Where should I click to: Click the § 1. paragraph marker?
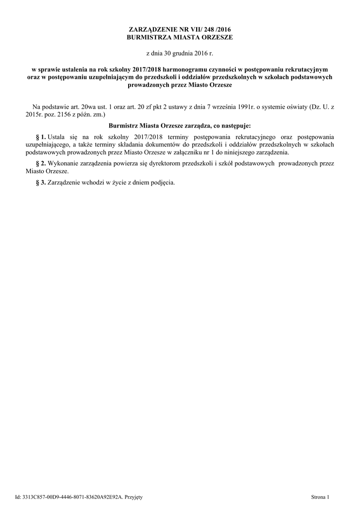pyautogui.click(x=41, y=136)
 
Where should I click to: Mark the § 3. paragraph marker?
pyautogui.click(x=41, y=182)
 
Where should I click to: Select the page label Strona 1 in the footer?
pyautogui.click(x=320, y=497)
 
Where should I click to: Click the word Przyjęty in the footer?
pyautogui.click(x=133, y=497)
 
